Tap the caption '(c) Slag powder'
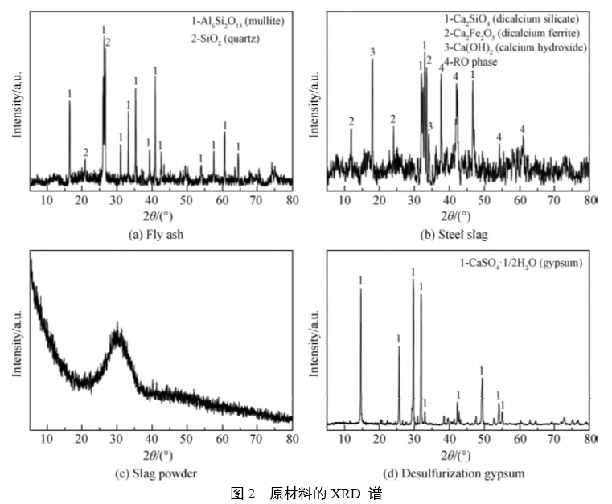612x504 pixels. (159, 473)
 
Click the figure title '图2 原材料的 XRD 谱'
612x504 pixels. (306, 493)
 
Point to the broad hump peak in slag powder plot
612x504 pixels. (118, 338)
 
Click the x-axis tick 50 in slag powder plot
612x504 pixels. (187, 438)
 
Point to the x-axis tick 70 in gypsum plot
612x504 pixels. (555, 438)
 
